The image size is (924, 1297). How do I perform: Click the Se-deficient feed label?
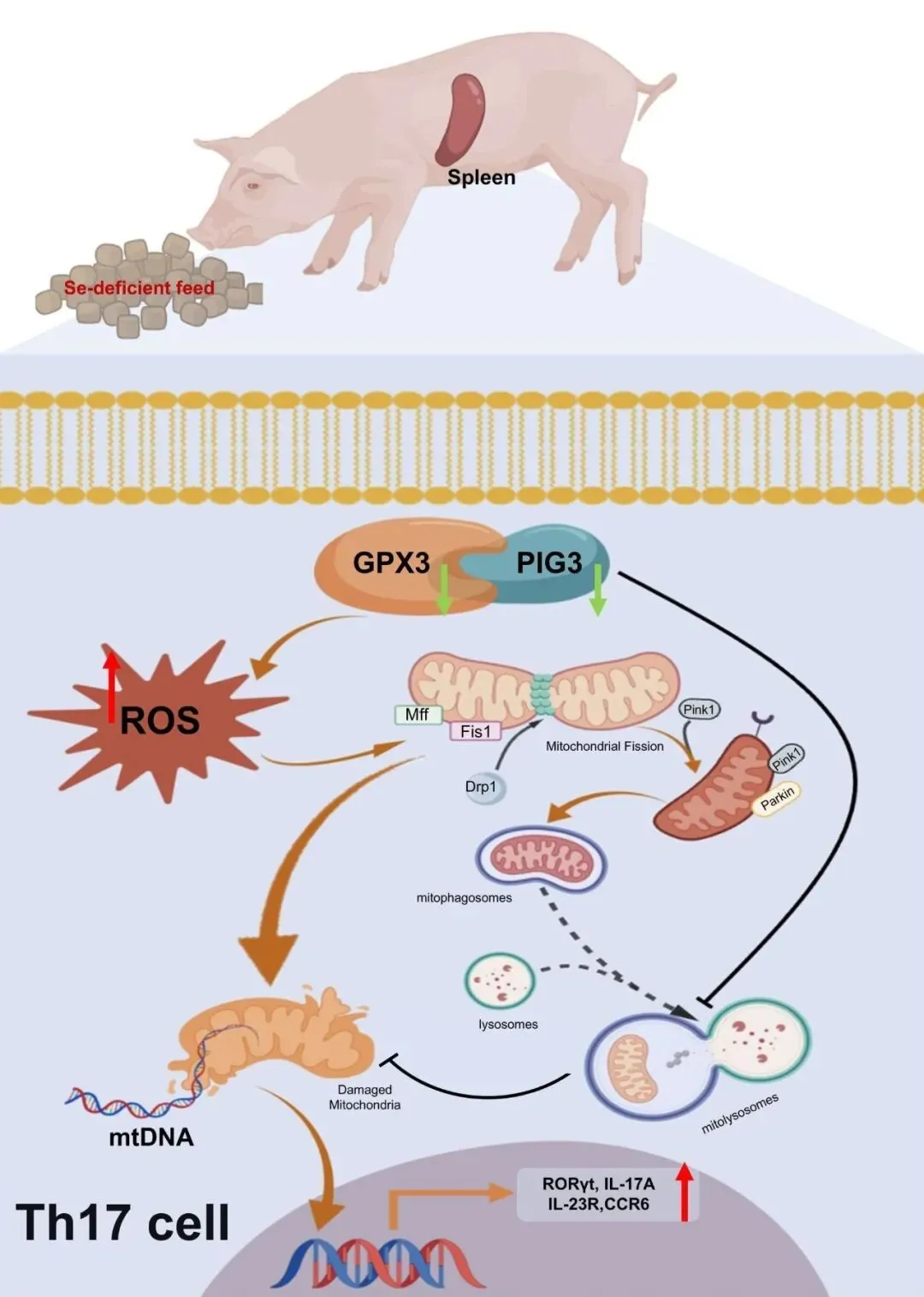[139, 288]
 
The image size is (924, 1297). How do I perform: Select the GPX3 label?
[391, 562]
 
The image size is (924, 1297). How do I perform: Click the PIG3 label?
[548, 562]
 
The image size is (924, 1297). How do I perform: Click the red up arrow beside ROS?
[111, 685]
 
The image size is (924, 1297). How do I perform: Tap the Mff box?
[418, 714]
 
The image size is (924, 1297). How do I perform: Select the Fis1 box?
[476, 731]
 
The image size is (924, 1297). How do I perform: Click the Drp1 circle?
[482, 787]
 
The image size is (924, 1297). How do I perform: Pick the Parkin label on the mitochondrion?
[777, 797]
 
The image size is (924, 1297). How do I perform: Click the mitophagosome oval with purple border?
[541, 860]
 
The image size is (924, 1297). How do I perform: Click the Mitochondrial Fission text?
[604, 747]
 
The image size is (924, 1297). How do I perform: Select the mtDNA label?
[151, 1137]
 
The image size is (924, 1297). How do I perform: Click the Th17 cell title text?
[122, 1222]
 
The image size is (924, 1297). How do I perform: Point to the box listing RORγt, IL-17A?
[598, 1193]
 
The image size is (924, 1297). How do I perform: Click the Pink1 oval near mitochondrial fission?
[698, 710]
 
